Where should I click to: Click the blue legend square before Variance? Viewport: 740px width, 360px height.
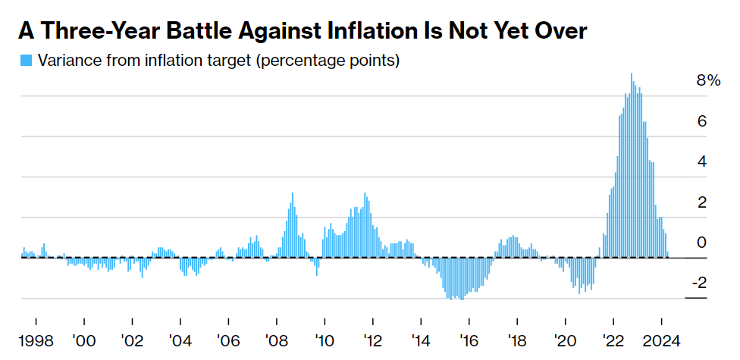point(27,61)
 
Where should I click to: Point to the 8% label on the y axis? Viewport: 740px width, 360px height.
point(708,80)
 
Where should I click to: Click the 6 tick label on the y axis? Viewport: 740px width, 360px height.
point(702,121)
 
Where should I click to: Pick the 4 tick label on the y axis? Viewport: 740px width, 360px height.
point(702,161)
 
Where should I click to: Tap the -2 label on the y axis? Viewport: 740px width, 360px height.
point(698,283)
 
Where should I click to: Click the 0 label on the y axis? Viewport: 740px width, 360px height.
point(702,243)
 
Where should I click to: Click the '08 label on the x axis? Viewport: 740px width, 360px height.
point(276,340)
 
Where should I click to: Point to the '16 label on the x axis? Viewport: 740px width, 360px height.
point(469,340)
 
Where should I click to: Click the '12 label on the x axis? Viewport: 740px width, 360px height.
point(372,340)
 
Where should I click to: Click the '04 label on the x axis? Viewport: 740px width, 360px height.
point(180,340)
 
